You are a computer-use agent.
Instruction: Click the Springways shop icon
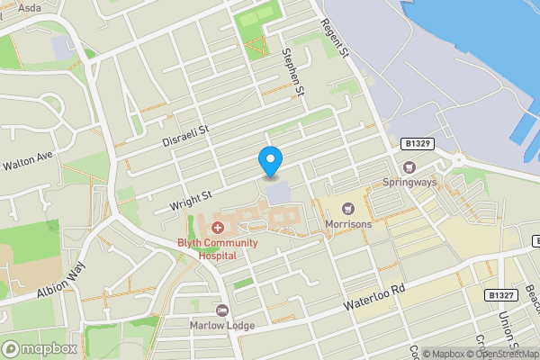(410, 166)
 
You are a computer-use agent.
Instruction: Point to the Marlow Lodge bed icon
(221, 310)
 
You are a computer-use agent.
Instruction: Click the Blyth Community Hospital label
(218, 248)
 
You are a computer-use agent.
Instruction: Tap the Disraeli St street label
(185, 137)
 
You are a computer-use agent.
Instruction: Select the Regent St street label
(334, 38)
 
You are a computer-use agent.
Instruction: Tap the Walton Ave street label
(28, 161)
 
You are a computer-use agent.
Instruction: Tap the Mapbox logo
(40, 348)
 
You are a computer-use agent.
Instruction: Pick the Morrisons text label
(350, 224)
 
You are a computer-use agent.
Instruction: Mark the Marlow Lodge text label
(221, 325)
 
